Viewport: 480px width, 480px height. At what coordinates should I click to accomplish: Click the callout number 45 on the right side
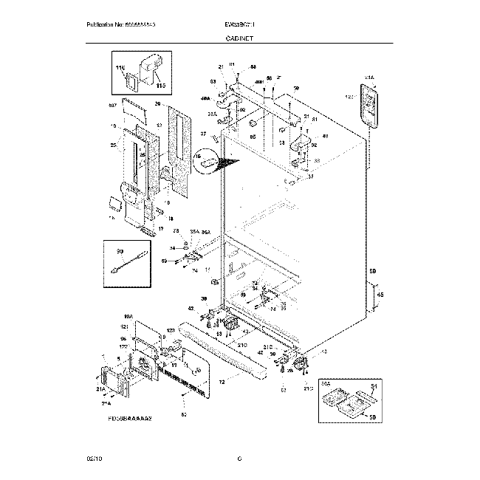(x=380, y=295)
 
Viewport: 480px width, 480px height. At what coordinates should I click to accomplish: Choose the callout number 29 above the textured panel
(x=157, y=104)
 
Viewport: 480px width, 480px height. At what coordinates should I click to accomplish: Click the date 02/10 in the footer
(x=94, y=459)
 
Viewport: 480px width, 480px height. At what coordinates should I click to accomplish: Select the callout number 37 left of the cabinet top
(x=203, y=134)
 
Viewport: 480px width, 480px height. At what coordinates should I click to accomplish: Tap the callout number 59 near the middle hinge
(x=164, y=261)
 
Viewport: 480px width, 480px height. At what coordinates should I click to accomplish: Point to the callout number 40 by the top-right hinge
(x=325, y=136)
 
